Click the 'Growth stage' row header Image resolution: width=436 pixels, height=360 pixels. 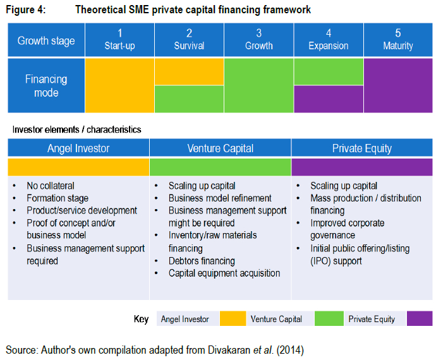point(46,40)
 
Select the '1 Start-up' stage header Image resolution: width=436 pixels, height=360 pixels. point(119,40)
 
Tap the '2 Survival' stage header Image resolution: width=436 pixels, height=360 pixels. point(189,40)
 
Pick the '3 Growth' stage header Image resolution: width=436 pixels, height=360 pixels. point(258,40)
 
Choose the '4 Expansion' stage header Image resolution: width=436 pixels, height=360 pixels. point(328,40)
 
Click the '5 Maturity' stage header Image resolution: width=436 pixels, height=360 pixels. point(398,40)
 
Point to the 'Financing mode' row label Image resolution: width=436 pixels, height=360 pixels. point(46,86)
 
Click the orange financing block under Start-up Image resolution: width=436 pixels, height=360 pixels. point(119,85)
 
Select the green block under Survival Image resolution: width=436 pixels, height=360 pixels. point(189,99)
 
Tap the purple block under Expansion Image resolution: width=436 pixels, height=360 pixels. point(328,99)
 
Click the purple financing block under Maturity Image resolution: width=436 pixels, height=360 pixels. point(398,85)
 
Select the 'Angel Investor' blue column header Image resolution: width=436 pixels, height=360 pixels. point(78,148)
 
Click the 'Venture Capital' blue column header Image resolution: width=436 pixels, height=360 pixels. point(220,148)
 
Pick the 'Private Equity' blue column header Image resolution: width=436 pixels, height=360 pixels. point(362,148)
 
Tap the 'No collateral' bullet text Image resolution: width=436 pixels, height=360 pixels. point(51,186)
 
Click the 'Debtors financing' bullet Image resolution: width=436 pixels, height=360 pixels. point(202,261)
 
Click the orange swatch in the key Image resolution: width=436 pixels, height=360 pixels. point(232,319)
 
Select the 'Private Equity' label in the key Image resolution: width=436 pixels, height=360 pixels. point(372,319)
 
